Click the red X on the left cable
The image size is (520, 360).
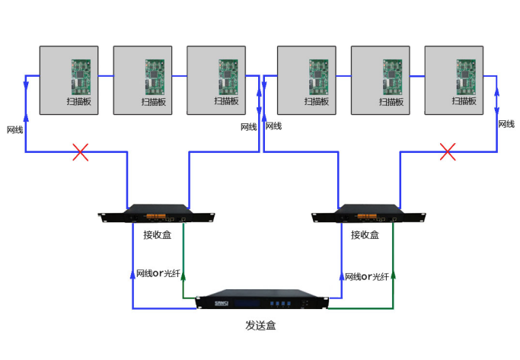pyautogui.click(x=80, y=152)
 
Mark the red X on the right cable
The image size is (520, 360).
pyautogui.click(x=448, y=152)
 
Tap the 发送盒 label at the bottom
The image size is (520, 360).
pyautogui.click(x=260, y=326)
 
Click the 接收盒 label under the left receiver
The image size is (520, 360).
pyautogui.click(x=158, y=235)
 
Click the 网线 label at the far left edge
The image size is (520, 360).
pyautogui.click(x=14, y=130)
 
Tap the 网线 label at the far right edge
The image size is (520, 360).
pyautogui.click(x=506, y=124)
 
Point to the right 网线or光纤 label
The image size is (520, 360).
pyautogui.click(x=368, y=276)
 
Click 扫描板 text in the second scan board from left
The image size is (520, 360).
pyautogui.click(x=153, y=101)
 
